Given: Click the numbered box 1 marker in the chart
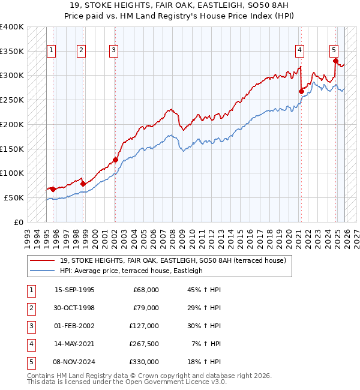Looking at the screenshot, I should (x=52, y=51).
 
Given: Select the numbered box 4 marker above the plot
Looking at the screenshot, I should (x=299, y=51).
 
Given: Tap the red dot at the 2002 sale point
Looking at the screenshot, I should (x=115, y=160).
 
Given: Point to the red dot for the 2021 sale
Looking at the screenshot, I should (x=301, y=91).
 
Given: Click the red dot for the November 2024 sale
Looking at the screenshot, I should (x=335, y=61).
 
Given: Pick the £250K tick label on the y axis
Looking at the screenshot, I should (x=12, y=100).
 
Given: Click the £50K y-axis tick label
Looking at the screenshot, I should (x=14, y=197).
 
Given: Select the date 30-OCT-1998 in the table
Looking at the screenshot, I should (x=74, y=308).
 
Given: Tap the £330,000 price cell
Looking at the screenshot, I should (x=145, y=362).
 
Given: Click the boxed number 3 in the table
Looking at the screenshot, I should (x=31, y=326).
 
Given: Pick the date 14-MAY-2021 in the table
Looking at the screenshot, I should (x=74, y=344).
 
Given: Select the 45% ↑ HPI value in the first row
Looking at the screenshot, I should (x=203, y=290).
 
